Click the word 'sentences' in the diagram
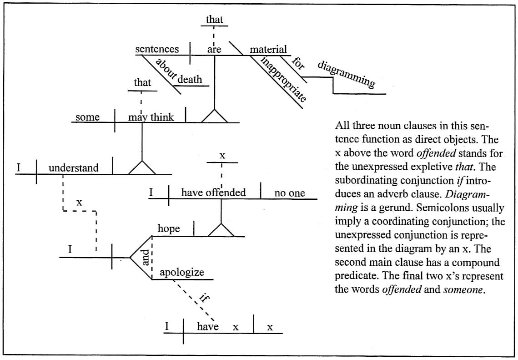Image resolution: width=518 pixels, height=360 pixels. [157, 49]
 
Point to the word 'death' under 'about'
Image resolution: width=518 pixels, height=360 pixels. [190, 79]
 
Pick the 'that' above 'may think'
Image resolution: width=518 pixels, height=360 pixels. [142, 83]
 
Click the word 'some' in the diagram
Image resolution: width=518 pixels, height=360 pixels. [87, 117]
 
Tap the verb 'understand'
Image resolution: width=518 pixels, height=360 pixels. [73, 168]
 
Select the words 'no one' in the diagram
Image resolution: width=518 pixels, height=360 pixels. [290, 193]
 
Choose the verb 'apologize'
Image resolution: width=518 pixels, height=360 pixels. [181, 273]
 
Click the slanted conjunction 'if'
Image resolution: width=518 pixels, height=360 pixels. [203, 299]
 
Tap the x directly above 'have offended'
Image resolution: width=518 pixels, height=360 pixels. [222, 155]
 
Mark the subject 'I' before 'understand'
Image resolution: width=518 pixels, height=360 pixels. [19, 168]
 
